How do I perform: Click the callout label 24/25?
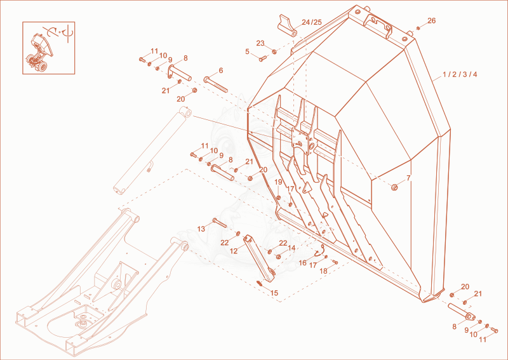[312, 22]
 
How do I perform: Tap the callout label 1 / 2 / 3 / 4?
[460, 74]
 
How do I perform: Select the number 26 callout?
[432, 21]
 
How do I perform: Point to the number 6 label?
[221, 70]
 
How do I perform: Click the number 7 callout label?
[408, 178]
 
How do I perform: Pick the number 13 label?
[201, 229]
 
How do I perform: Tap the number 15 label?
[274, 293]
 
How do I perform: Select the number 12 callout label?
[234, 251]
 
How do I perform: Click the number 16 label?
[303, 263]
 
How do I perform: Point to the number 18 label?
[324, 272]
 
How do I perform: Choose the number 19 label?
[278, 182]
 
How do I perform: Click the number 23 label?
[260, 43]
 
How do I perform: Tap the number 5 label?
[247, 51]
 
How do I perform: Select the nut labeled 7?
[394, 187]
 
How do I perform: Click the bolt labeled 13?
[220, 223]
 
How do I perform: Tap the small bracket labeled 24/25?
[287, 26]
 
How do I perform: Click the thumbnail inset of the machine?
[49, 48]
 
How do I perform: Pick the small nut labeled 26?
[418, 28]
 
